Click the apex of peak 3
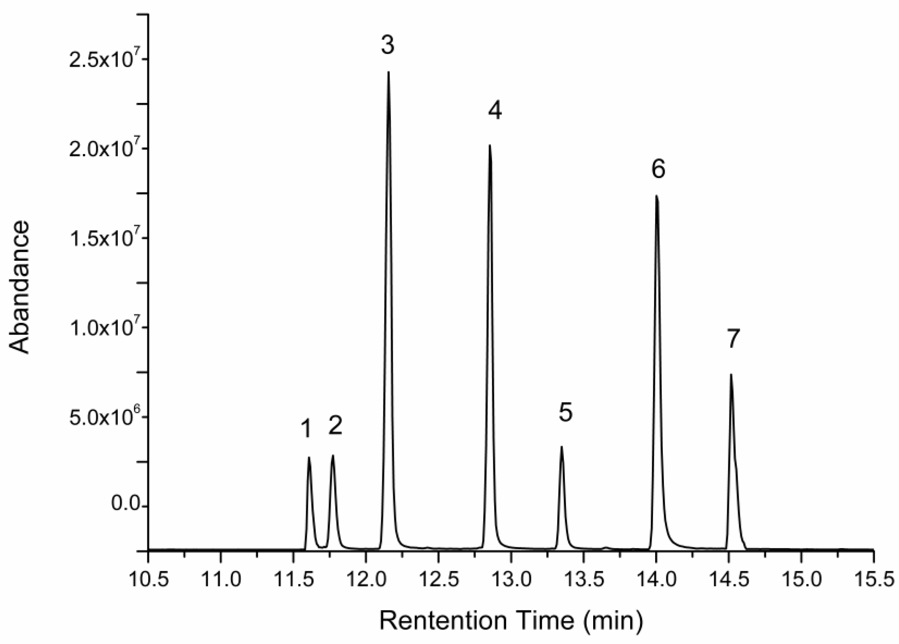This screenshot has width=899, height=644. pos(388,72)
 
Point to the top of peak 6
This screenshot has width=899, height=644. pos(657,196)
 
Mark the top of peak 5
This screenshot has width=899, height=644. pos(561,447)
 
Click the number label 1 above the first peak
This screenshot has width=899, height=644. pos(306,429)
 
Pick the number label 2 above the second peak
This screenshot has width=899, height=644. pos(335,426)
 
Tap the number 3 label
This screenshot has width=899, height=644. pos(388,45)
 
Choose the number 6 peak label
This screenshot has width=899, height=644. pos(658,169)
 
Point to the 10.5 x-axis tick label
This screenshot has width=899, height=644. pos(148,581)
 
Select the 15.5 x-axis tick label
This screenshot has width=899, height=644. pos(874,581)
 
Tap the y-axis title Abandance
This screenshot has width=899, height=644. pos(20,287)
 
